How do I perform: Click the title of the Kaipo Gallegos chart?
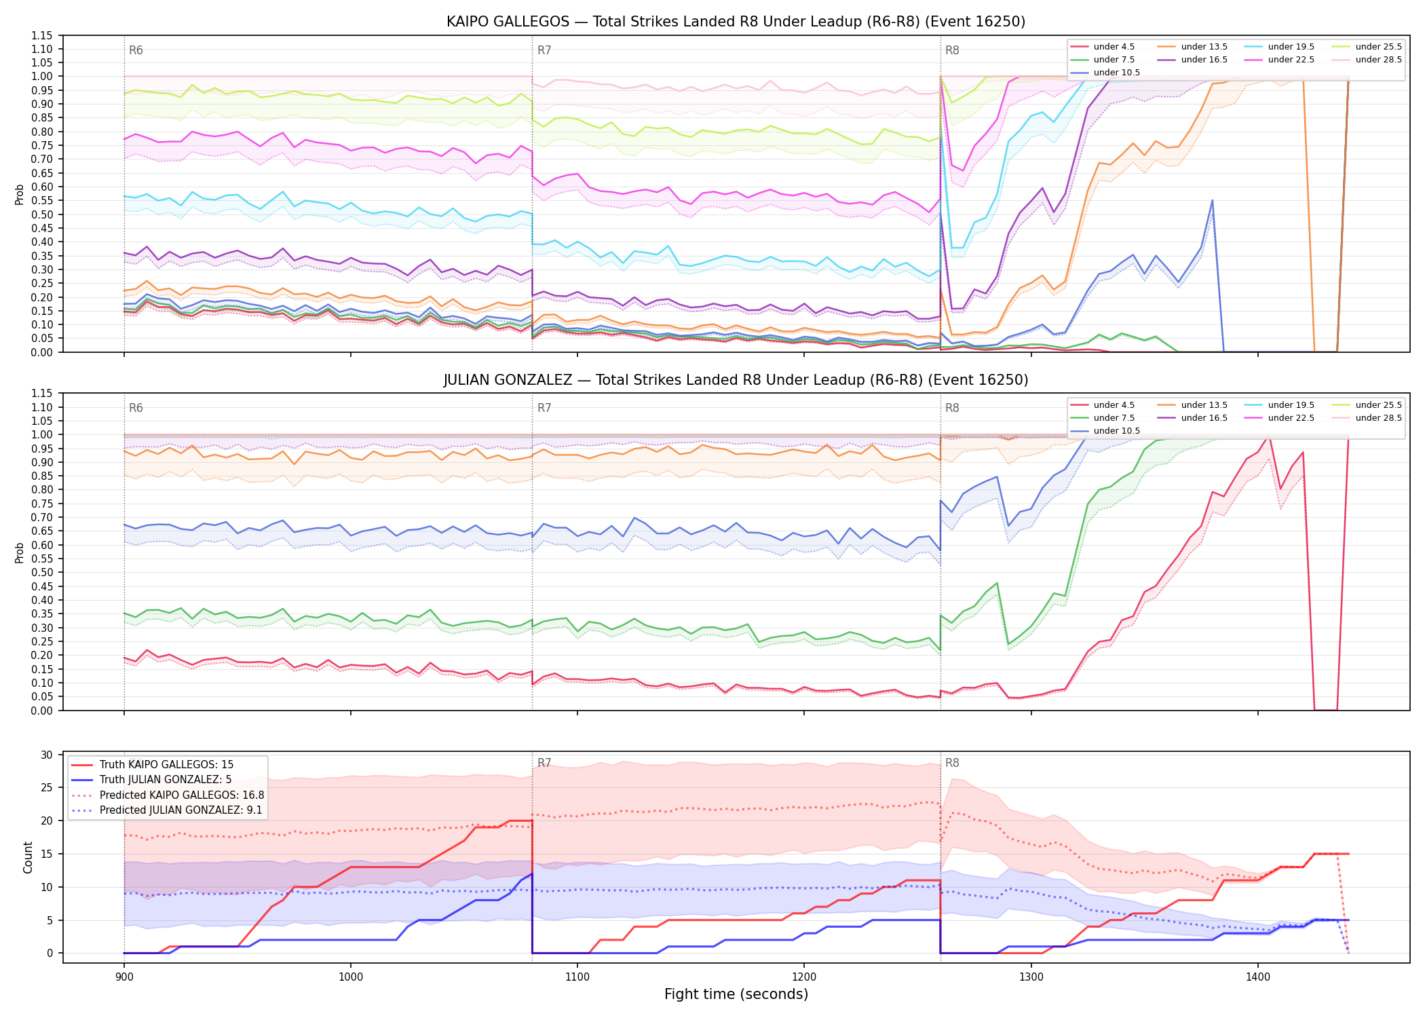(736, 22)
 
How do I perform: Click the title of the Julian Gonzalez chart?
(736, 380)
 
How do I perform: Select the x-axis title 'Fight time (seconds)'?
(736, 994)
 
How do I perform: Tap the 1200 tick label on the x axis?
(804, 977)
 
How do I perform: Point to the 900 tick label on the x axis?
(123, 977)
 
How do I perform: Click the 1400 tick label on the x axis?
(1257, 977)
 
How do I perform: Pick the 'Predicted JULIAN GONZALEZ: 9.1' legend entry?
(166, 810)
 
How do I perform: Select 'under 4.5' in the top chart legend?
(1102, 47)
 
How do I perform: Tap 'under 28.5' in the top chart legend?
(1367, 60)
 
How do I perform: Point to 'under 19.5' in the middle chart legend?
(1280, 405)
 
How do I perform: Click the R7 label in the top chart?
(544, 50)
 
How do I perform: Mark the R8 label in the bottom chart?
(952, 763)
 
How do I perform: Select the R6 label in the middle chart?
(136, 408)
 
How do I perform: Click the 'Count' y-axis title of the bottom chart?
(28, 857)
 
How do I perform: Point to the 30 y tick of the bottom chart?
(47, 755)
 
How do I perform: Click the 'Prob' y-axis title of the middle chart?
(20, 552)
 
